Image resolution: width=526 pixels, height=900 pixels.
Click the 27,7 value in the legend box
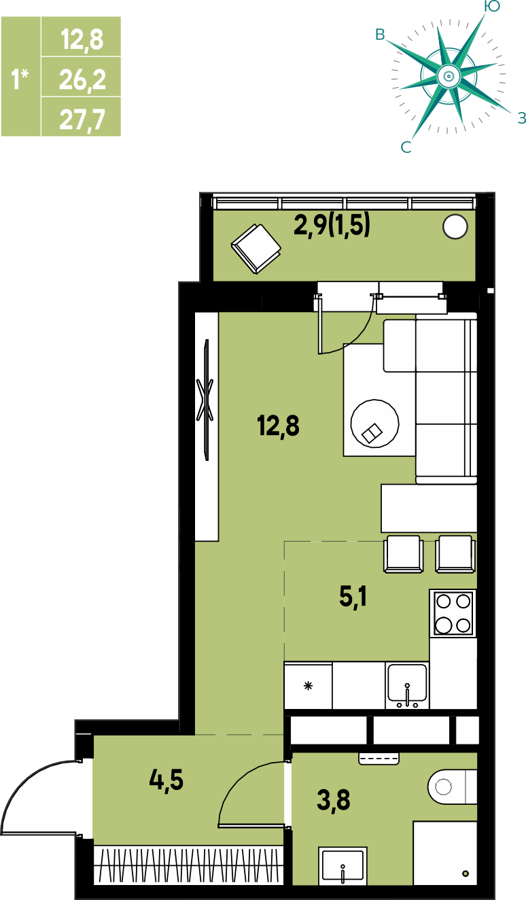pos(82,120)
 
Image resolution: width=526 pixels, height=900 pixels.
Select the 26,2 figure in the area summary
pos(82,80)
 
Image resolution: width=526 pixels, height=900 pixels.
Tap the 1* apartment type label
pos(20,79)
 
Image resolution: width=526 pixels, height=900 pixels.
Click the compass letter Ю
pos(492,6)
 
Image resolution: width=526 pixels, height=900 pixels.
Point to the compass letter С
pos(406,148)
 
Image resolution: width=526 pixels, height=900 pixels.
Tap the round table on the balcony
pos(455,227)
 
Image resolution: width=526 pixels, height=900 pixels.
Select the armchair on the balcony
pos(256,249)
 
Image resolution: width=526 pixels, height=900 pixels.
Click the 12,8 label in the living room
pos(278,426)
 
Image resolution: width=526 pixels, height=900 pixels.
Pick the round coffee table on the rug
pos(374,423)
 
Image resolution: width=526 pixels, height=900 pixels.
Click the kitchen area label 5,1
pos(353,597)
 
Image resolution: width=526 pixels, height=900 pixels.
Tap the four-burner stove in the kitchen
pos(453,614)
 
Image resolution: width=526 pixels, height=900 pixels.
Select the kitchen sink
pos(407,686)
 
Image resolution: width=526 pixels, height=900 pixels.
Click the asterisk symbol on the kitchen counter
pos(308,686)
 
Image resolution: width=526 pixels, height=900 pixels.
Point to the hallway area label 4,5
pos(166,780)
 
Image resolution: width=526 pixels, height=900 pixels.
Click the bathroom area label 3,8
pos(333,800)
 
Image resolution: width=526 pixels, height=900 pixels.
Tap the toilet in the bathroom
pos(453,786)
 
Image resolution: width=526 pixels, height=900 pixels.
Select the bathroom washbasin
pos(343,866)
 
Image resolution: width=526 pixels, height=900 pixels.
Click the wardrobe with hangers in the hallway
pos(188,865)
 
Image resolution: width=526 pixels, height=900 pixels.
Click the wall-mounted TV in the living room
pos(206,400)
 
